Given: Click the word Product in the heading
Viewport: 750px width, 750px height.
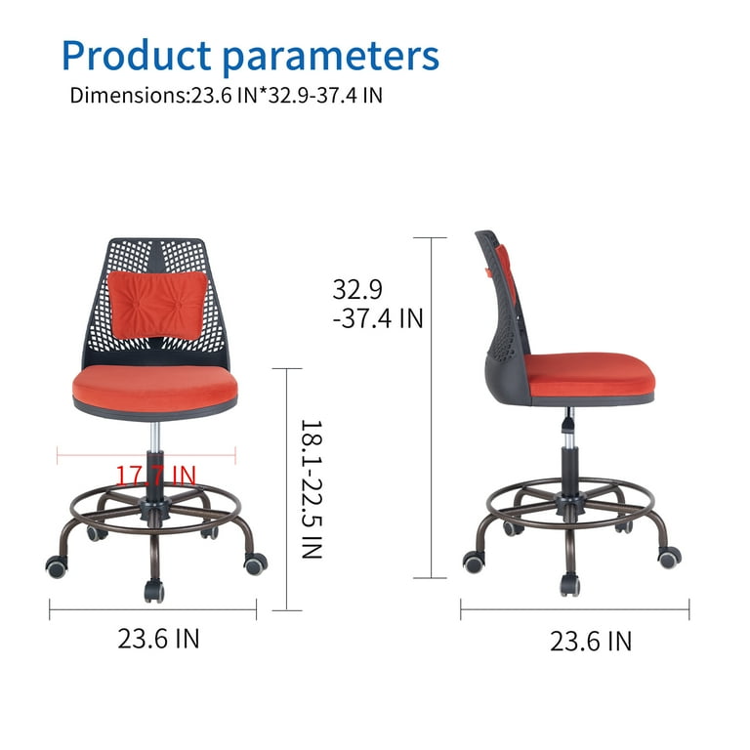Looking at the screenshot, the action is coord(137,55).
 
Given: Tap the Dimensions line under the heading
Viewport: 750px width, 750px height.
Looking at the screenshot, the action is coord(227,95).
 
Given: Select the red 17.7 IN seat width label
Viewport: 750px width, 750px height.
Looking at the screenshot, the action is coord(156,475).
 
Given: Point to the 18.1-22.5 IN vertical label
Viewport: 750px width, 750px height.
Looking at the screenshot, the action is coord(312,489).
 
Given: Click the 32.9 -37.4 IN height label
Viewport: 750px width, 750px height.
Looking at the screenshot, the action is coord(378,304).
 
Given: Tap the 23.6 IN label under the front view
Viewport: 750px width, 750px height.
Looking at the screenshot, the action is coord(158,638).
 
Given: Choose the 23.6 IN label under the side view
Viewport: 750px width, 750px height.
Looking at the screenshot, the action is coord(591,641).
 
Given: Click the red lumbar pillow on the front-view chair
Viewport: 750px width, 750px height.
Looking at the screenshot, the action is coord(157,305).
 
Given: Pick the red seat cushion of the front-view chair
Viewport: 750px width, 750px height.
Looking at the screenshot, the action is coord(155,388).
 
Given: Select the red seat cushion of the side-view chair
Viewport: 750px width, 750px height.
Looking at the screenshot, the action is coord(590,375).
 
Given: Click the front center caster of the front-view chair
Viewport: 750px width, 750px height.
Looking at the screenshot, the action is coord(154,591).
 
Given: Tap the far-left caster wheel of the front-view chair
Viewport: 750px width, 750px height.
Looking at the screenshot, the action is coord(57,566).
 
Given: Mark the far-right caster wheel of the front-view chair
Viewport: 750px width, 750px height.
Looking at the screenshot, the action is coord(256,563).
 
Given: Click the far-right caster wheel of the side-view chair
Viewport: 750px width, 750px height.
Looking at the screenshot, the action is coord(670,558).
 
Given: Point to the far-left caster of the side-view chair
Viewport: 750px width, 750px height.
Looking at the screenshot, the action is coord(474,562).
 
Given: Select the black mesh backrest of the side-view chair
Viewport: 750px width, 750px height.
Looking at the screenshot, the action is coord(505,311).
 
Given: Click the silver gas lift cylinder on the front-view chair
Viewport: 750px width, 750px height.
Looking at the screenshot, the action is coord(155,437).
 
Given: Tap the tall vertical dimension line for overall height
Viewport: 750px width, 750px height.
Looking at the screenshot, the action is coord(431,407).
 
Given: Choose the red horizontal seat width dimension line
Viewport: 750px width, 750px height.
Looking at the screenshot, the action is coord(146,455).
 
